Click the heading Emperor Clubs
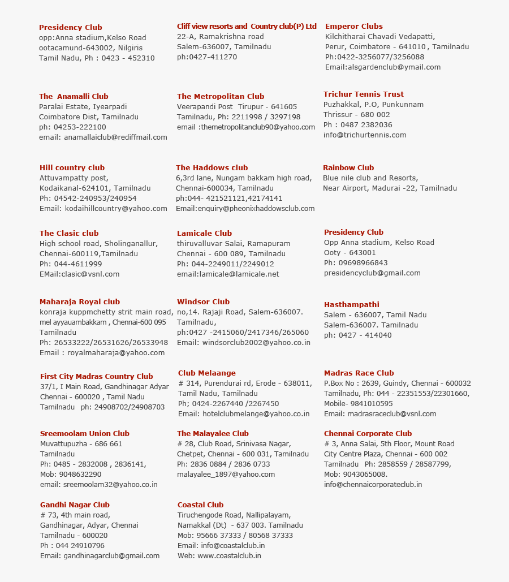pos(353,27)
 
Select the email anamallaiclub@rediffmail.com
pos(115,137)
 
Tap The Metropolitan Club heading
pos(220,97)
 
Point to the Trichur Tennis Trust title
pos(363,94)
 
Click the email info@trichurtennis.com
pos(364,135)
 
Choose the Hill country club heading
pos(72,168)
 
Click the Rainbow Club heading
pos(348,168)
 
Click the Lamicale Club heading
pos(204,234)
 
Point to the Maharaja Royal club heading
pos(79,302)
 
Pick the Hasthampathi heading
pos(351,305)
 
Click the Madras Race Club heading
pos(359,373)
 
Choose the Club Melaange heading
pos(206,373)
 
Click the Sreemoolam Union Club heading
pos(84,434)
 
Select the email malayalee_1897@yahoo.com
pos(226,475)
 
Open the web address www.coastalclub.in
pos(229,556)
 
